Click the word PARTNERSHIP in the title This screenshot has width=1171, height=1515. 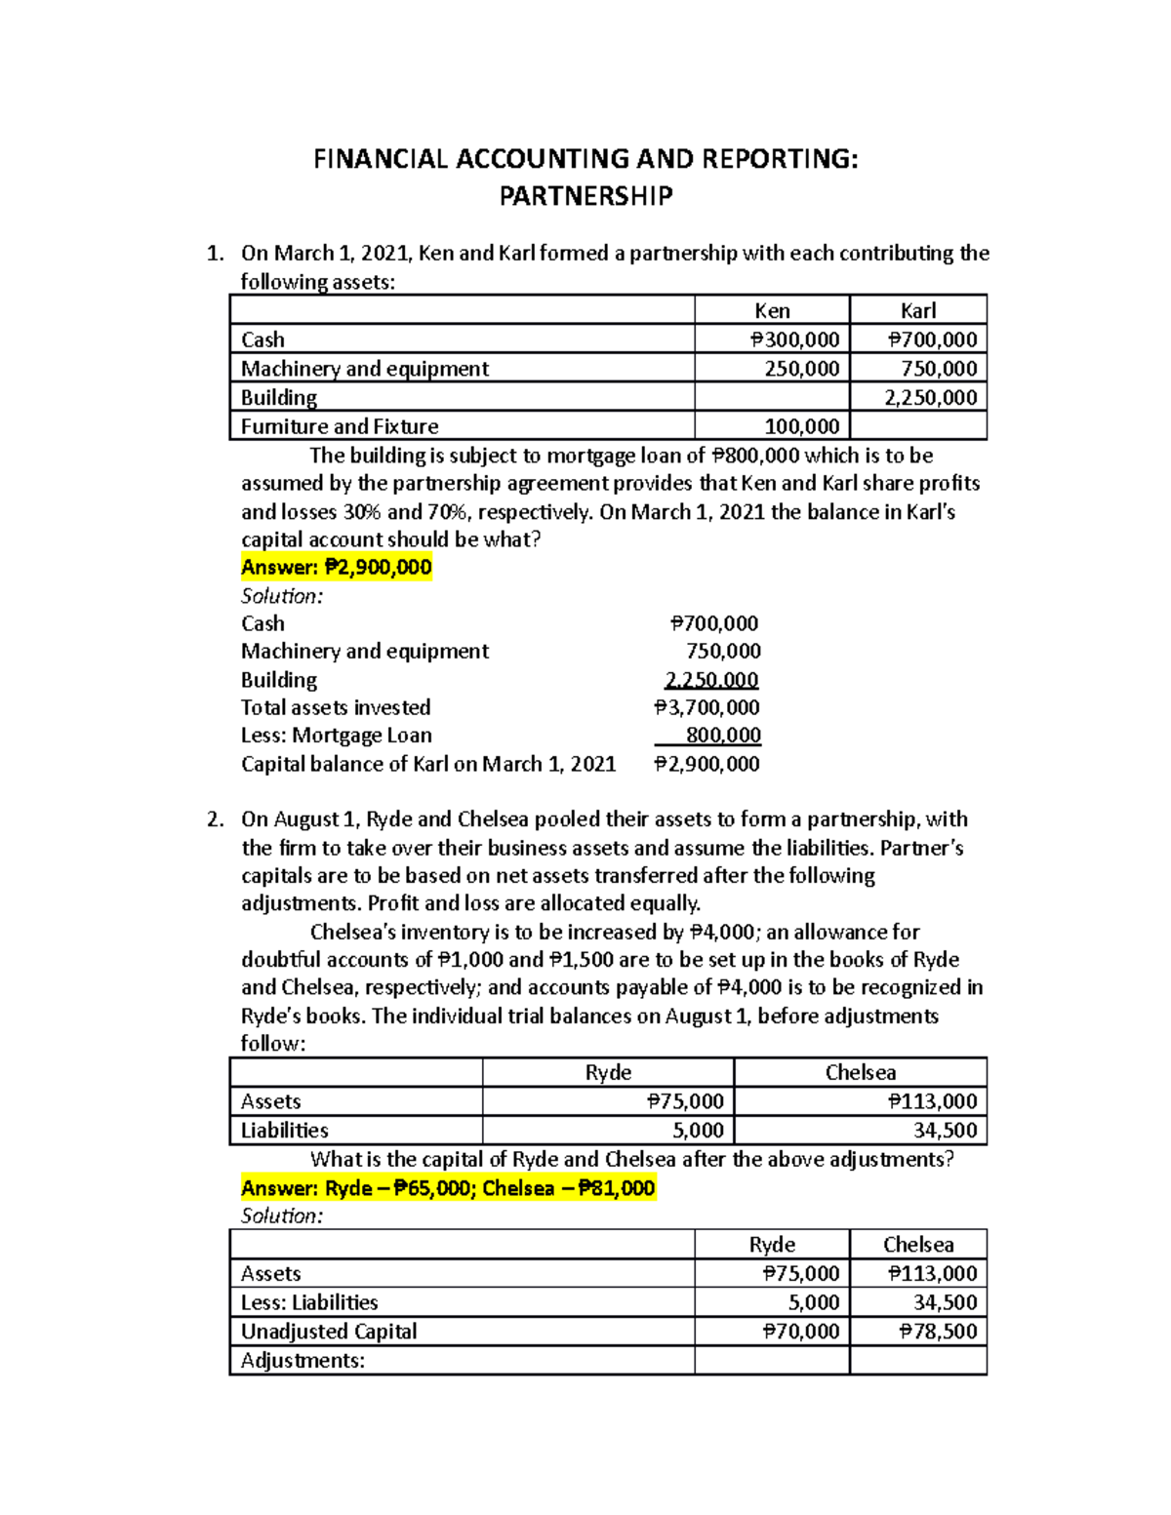[585, 196]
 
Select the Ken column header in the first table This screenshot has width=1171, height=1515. [772, 310]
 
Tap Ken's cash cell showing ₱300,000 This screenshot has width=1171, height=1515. [794, 339]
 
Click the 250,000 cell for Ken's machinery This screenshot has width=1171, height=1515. [801, 369]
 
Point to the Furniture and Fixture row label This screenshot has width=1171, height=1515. [340, 426]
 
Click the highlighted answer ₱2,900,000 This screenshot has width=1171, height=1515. [336, 568]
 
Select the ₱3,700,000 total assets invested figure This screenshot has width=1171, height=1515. [707, 707]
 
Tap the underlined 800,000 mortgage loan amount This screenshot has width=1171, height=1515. [723, 736]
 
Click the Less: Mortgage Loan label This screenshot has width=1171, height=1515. [336, 736]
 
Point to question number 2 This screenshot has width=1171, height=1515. [216, 819]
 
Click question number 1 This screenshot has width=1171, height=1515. [216, 254]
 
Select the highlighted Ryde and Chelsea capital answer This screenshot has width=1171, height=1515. [448, 1188]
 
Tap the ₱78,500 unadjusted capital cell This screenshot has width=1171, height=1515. [932, 1332]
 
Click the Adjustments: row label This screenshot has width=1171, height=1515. [303, 1361]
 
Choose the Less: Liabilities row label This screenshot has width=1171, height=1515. [309, 1302]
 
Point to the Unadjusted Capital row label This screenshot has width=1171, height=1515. [329, 1332]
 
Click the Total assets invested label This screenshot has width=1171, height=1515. [336, 707]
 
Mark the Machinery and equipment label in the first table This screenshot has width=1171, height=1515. [365, 369]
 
